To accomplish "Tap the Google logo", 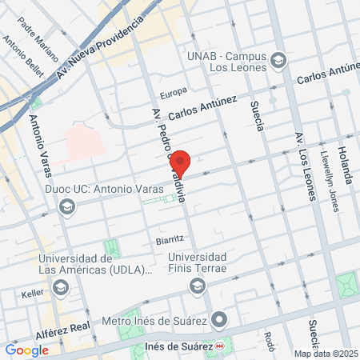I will [27, 350].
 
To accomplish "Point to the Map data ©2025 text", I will [326, 354].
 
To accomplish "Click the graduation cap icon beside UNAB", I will [278, 60].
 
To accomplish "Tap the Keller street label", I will [33, 294].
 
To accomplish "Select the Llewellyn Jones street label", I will [328, 178].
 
